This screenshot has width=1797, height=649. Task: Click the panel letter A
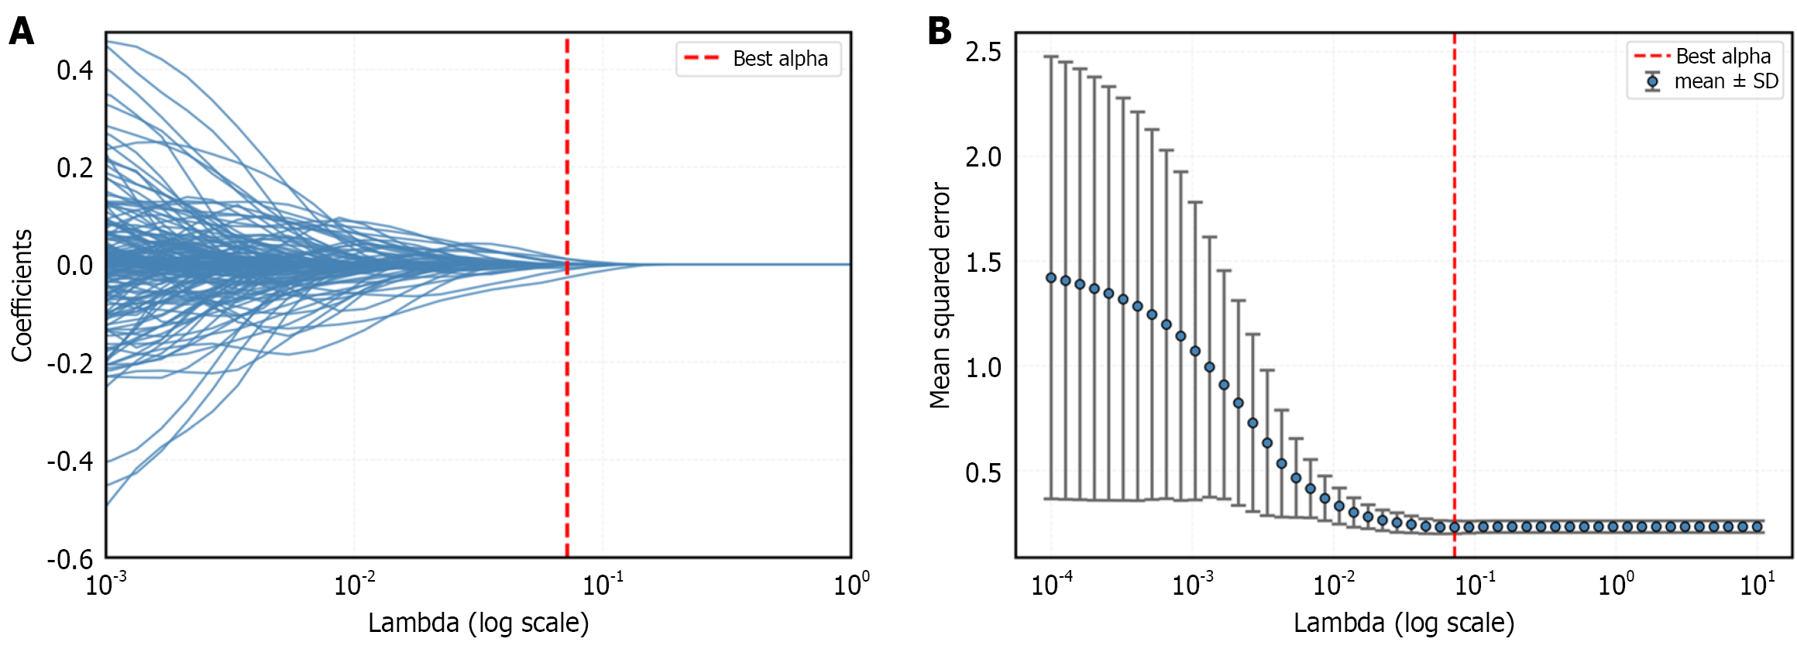(21, 33)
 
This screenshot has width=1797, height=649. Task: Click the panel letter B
(940, 32)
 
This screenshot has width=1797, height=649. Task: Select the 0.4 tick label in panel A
(74, 70)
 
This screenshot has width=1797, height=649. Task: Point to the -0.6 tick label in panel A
(70, 559)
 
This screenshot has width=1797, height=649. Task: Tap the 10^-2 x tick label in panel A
(355, 584)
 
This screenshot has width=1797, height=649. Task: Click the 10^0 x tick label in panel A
(851, 584)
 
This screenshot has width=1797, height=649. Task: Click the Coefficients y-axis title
(22, 295)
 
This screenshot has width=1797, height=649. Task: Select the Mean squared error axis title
(940, 296)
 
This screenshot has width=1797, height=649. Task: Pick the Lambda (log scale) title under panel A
(478, 623)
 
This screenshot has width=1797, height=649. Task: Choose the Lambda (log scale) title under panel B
(1404, 623)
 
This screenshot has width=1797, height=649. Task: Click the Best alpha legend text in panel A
(780, 59)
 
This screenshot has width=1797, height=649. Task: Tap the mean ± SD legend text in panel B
(1727, 81)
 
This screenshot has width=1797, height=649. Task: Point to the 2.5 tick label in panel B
(983, 53)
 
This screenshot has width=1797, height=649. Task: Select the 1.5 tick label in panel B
(983, 263)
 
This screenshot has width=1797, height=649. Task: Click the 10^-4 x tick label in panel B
(1052, 584)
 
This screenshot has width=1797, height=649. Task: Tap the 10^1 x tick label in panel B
(1757, 584)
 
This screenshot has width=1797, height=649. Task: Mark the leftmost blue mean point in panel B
(1051, 278)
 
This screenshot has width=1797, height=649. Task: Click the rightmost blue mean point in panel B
(1757, 527)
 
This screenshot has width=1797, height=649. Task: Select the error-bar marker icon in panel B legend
(1653, 81)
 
